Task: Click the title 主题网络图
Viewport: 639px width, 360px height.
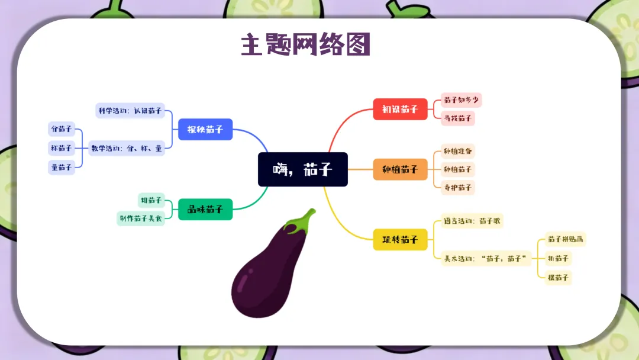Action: coord(305,44)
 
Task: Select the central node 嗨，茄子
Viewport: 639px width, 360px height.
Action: coord(302,169)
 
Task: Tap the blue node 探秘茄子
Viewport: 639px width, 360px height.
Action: coord(205,129)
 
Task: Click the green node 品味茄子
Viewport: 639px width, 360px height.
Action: coord(205,209)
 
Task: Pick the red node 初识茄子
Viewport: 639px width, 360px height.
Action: coord(400,109)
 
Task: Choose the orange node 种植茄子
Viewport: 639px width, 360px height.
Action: coord(400,169)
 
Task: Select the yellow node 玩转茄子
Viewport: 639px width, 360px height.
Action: coord(400,239)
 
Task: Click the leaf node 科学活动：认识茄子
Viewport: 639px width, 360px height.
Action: coord(130,110)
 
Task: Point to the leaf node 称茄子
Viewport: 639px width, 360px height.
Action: coord(62,148)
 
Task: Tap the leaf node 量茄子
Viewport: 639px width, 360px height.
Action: coord(62,168)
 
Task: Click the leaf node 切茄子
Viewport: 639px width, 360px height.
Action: coord(151,200)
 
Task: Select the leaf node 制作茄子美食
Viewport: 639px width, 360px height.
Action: coord(140,218)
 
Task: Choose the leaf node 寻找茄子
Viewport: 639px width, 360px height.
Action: coord(458,118)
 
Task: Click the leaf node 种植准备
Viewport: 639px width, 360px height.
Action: coord(458,151)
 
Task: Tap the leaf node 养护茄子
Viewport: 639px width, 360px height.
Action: coord(458,187)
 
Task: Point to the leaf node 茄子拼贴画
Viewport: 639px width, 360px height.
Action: coord(565,240)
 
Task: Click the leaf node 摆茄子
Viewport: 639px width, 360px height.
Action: coord(558,277)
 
